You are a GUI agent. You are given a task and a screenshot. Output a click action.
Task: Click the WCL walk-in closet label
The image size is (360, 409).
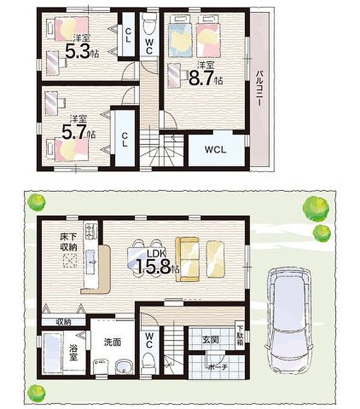[x=214, y=149]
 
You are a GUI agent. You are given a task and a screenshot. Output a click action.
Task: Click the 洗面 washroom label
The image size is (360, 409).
[x=113, y=342]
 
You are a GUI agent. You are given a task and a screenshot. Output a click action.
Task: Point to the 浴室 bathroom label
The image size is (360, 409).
[x=74, y=354]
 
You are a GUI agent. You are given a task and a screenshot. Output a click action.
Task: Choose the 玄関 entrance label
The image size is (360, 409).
[x=210, y=339]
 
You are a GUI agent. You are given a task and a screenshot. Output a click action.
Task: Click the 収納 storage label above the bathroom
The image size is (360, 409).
[x=63, y=321]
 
